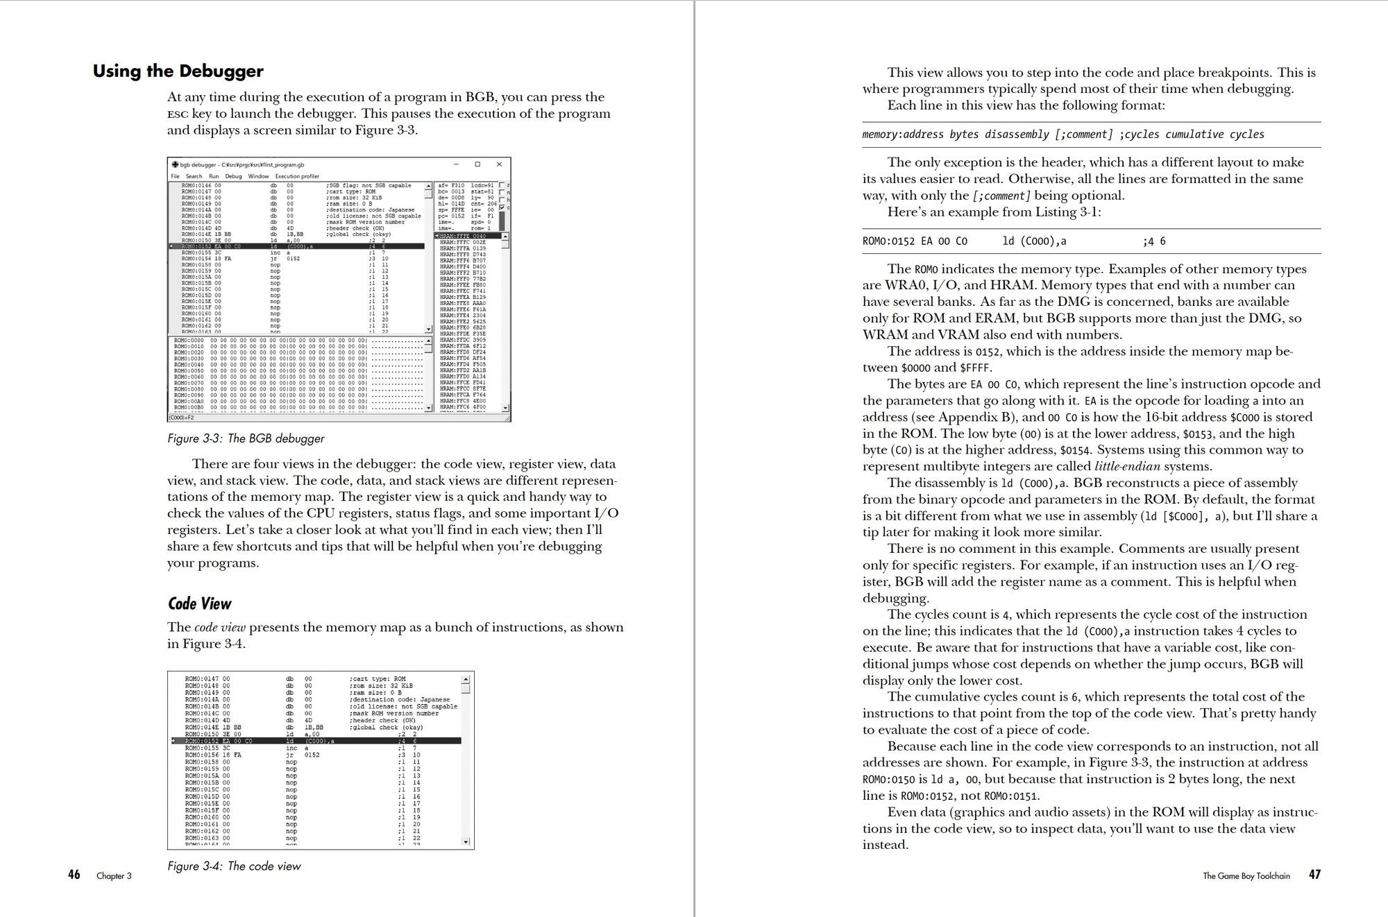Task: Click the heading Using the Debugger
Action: tap(178, 71)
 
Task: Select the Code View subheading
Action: tap(199, 603)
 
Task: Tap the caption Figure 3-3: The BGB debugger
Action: tap(246, 438)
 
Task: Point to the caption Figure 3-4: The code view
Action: tap(234, 866)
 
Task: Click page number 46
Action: tap(74, 875)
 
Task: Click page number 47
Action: tap(1314, 875)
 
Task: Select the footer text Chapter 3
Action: tap(114, 876)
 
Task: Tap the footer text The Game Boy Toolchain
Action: tap(1246, 876)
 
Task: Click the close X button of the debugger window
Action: tap(499, 164)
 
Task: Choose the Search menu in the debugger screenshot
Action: tap(194, 176)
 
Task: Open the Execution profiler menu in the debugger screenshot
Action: tap(297, 176)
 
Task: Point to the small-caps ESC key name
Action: tap(178, 114)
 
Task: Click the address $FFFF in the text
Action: tap(975, 368)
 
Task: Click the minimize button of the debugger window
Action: tap(457, 164)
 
